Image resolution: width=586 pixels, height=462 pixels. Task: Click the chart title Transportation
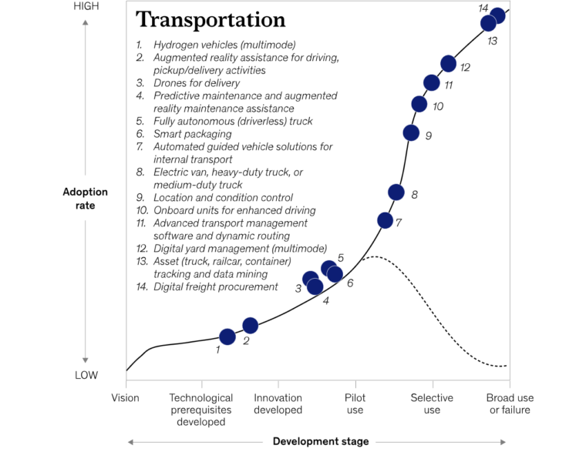tap(210, 20)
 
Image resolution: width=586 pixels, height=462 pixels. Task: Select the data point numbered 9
tap(411, 133)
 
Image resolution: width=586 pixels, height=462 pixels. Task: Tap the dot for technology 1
tap(227, 337)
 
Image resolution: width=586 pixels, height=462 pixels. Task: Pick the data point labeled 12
tap(448, 64)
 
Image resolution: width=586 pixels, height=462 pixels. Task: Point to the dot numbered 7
tap(385, 220)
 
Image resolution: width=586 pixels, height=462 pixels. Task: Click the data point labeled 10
tap(419, 104)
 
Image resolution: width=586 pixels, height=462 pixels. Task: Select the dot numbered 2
tap(250, 326)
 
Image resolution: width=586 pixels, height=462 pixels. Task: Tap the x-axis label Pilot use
tap(355, 403)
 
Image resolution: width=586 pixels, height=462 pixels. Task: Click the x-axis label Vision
tap(125, 398)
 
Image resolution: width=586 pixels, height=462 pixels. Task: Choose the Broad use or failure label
tap(510, 403)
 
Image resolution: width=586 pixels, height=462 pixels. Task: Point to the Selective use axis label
tap(432, 403)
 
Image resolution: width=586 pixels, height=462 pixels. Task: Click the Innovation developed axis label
tap(278, 403)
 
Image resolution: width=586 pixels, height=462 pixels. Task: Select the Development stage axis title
tap(321, 441)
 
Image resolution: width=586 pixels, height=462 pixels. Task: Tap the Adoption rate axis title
tap(86, 199)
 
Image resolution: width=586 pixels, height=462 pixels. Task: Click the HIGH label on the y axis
tap(86, 6)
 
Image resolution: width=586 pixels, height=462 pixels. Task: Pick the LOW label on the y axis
tap(86, 375)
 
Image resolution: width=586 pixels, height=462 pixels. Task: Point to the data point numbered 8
tap(396, 192)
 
